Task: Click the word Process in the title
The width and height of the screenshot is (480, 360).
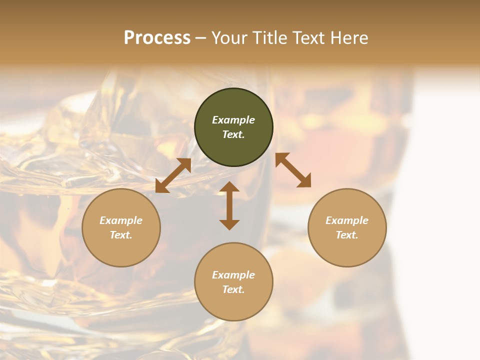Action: pos(157,38)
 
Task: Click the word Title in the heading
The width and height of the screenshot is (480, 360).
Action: pos(270,38)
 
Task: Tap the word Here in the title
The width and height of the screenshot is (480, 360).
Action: pos(348,38)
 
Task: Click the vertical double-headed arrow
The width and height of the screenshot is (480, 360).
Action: pos(229,205)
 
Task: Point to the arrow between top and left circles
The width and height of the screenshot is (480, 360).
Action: pos(173,175)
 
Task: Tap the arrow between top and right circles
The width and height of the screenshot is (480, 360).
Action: pos(293,170)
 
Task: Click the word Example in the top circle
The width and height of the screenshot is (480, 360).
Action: pos(233,120)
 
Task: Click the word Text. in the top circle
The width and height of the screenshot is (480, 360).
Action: pos(233,134)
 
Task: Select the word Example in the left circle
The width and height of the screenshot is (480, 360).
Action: pos(121,220)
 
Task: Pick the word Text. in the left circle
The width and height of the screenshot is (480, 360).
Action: pos(121,235)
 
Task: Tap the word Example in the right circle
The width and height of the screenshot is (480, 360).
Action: pos(347,220)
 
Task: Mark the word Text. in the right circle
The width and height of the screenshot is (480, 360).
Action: pos(347,235)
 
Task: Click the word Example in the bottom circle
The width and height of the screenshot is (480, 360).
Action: pos(233,275)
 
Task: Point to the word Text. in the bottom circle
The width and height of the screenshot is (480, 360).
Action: pos(233,289)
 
